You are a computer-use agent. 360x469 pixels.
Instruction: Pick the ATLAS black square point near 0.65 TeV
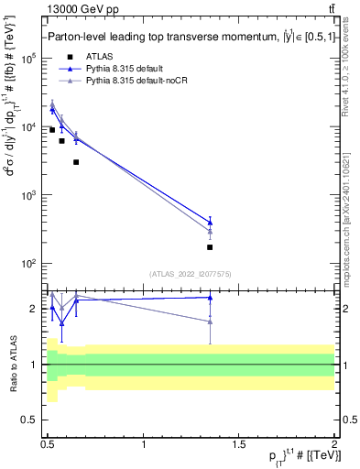pyautogui.click(x=76, y=162)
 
